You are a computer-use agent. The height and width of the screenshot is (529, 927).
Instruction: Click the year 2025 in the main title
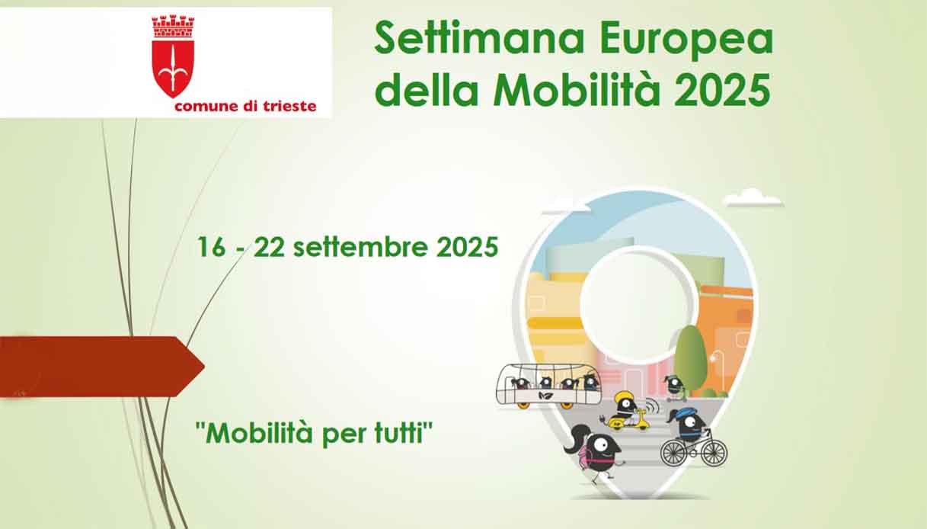722,89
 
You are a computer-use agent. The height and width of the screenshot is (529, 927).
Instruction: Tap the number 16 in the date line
211,246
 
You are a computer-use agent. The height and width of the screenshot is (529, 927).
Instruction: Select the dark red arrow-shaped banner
101,367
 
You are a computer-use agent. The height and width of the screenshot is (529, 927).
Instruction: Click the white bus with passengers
548,385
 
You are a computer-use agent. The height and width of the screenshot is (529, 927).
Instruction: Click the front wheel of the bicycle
714,452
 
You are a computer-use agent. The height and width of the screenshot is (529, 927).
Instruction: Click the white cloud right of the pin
753,198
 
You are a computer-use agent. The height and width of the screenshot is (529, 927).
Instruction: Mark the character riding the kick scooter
674,387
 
